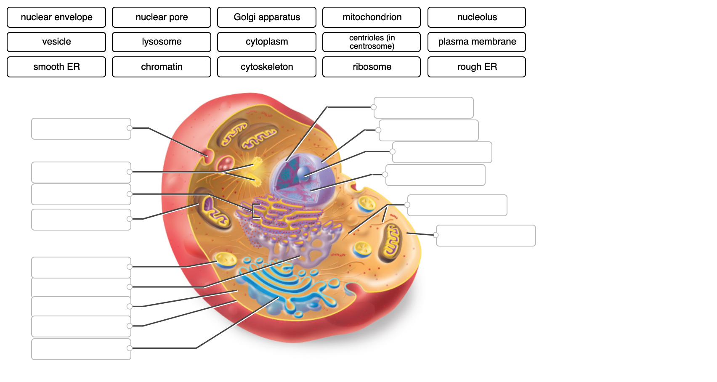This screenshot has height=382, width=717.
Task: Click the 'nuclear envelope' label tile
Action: click(x=56, y=17)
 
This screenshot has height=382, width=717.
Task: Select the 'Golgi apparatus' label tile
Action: click(x=267, y=17)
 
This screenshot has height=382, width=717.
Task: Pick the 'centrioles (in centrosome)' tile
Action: click(x=372, y=42)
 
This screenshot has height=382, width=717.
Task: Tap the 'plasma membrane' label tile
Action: click(x=477, y=42)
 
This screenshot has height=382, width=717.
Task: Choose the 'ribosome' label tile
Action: click(x=372, y=67)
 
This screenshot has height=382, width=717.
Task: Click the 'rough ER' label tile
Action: click(x=477, y=67)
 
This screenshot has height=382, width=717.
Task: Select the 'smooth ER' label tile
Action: click(x=56, y=67)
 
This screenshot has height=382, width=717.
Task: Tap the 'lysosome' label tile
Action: click(x=162, y=42)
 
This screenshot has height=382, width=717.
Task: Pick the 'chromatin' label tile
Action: click(x=162, y=67)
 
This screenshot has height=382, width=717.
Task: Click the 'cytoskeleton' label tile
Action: click(x=267, y=67)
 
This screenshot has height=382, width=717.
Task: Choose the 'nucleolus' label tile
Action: click(x=477, y=17)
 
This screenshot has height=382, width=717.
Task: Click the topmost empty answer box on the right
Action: click(x=423, y=108)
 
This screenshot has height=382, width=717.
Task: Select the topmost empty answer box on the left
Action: click(x=81, y=129)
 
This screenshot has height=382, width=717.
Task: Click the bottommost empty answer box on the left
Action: click(x=81, y=349)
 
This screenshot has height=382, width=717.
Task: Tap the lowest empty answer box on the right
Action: click(x=486, y=236)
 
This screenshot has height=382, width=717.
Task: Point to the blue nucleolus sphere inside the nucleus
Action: click(x=303, y=173)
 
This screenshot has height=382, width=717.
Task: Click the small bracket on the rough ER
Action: click(x=255, y=211)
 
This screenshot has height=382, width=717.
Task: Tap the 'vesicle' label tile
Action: click(x=56, y=42)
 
